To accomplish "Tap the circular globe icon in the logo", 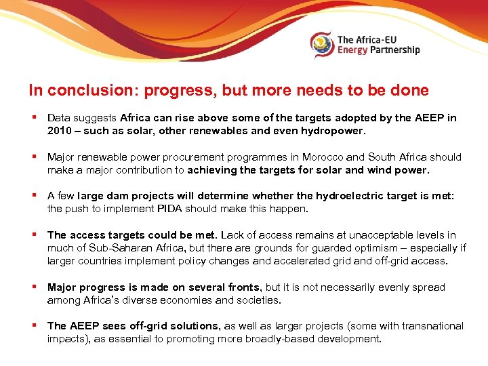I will tap(322, 44).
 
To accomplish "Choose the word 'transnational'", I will tap(432, 326).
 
